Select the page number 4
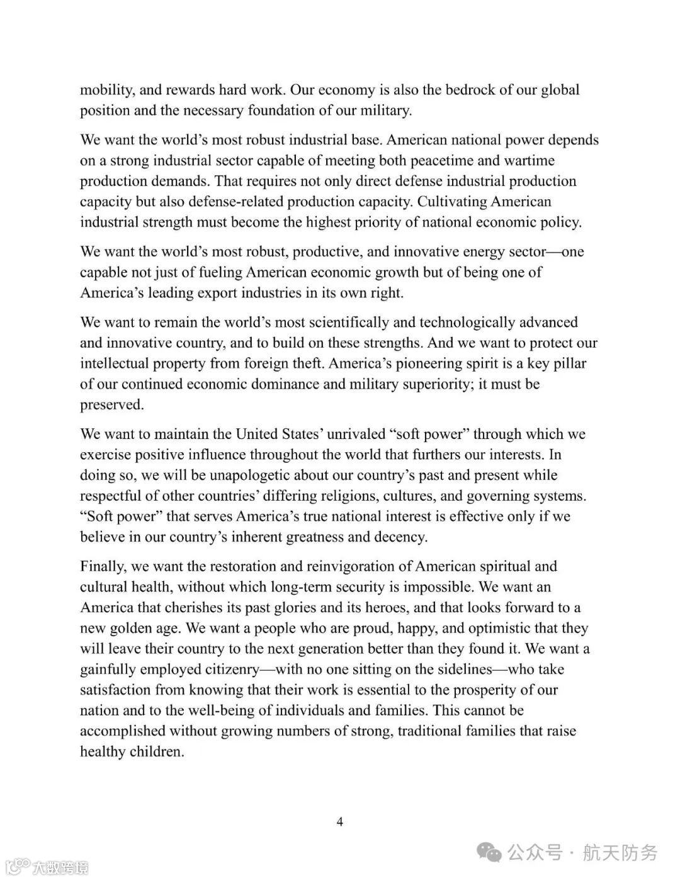click(340, 821)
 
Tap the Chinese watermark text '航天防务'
click(620, 853)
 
